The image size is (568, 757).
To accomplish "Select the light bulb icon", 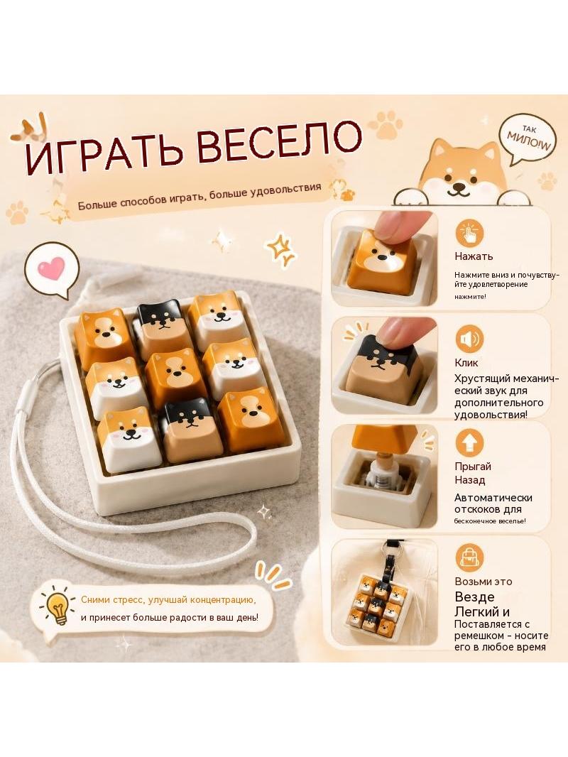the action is pos(58,607).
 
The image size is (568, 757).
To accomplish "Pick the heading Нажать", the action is pos(474,256).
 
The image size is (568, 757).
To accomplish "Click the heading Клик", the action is pos(466,363).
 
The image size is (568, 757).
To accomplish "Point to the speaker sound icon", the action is pos(469,339).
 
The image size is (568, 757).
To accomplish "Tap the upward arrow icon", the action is pos(469,442).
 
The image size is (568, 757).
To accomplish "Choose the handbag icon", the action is pos(469,557).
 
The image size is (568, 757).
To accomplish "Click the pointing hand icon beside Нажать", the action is pos(469,233).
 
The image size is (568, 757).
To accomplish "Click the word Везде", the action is pos(475,597).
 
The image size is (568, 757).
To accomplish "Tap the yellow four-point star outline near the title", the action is pos(280,249).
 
